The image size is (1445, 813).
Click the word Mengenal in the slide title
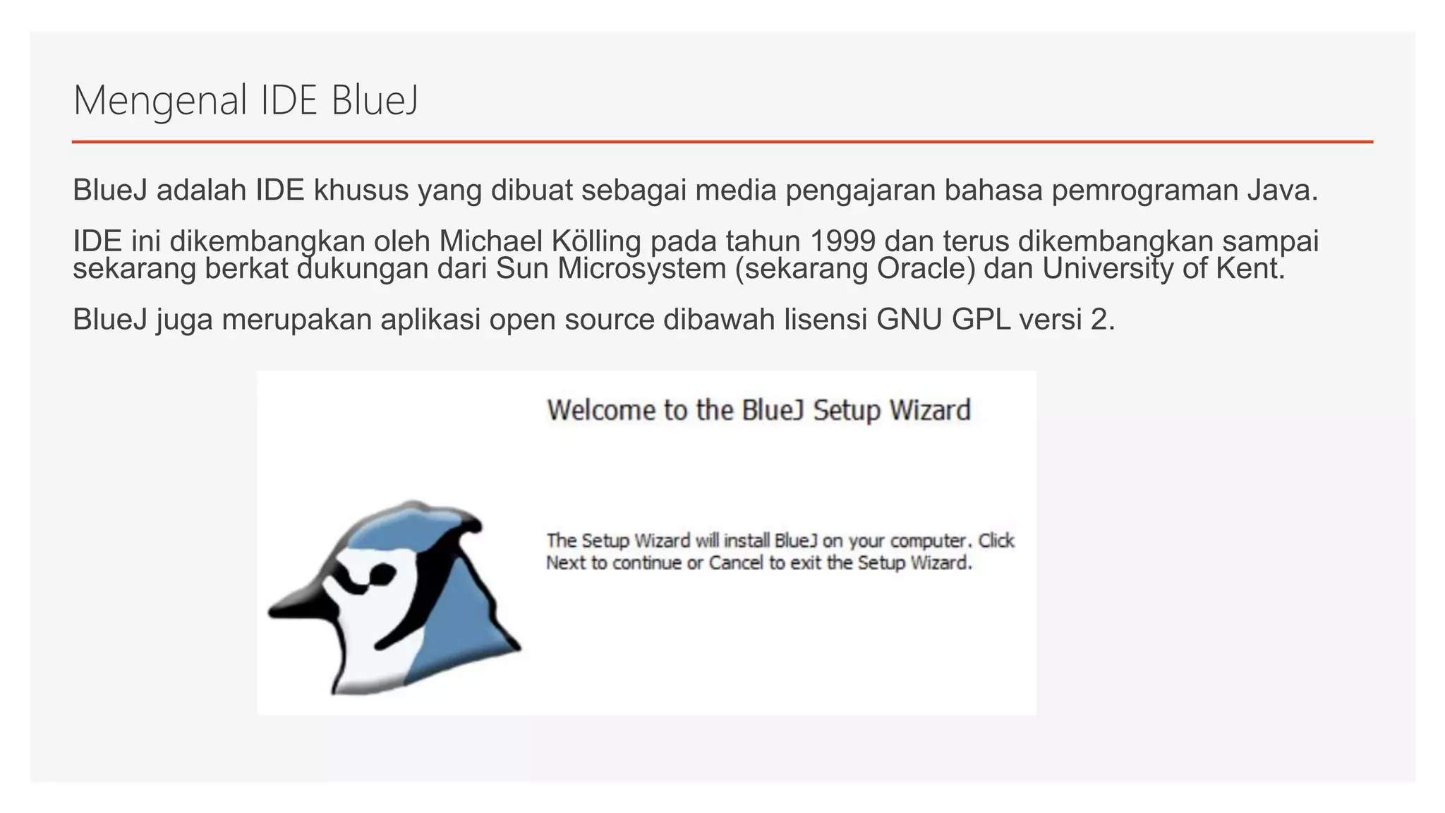coord(160,100)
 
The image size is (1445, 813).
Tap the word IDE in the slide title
coord(289,100)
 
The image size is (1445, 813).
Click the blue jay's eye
coord(381,574)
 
